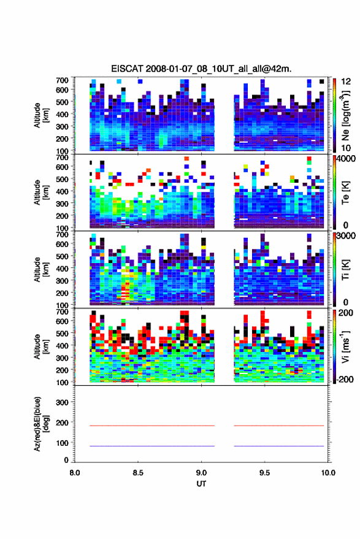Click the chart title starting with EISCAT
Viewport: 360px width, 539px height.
click(x=201, y=69)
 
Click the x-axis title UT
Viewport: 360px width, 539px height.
click(x=201, y=484)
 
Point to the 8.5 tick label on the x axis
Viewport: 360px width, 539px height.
click(x=138, y=473)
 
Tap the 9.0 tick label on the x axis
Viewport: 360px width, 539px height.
click(x=201, y=473)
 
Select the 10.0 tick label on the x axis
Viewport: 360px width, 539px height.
click(x=328, y=473)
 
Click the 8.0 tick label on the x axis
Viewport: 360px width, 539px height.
click(x=75, y=473)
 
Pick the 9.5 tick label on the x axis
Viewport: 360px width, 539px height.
click(x=264, y=473)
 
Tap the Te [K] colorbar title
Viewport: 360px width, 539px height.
click(x=345, y=193)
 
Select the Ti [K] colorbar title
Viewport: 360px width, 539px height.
click(x=345, y=270)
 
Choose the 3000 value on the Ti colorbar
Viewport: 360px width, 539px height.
click(x=347, y=235)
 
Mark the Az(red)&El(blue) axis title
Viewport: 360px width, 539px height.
click(x=41, y=424)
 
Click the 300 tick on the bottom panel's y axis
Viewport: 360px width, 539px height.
click(x=62, y=402)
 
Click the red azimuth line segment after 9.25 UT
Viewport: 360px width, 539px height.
click(x=279, y=426)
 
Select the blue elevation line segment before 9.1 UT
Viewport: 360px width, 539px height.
click(x=152, y=446)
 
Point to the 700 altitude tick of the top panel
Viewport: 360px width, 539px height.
click(x=62, y=80)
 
